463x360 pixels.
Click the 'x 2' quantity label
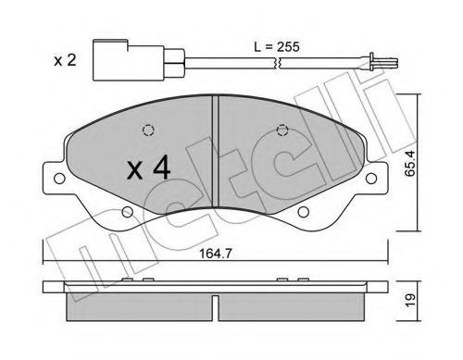click(x=65, y=60)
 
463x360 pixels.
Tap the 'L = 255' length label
click(x=277, y=47)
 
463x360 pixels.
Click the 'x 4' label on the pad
click(x=148, y=168)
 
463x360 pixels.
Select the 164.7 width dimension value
click(x=215, y=254)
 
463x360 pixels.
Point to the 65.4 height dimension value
click(x=410, y=163)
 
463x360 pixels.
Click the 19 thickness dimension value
click(x=410, y=301)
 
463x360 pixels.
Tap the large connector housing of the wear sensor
click(x=129, y=60)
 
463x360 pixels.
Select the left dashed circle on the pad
click(x=148, y=130)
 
